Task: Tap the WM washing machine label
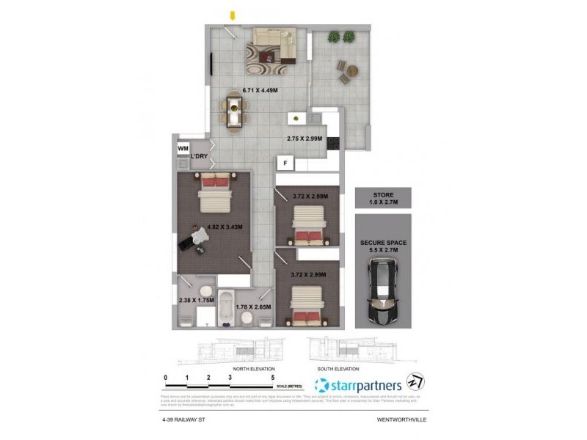coord(183,148)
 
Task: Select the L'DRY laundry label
coord(199,157)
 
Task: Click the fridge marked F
coord(283,163)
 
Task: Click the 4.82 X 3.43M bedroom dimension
coord(225,227)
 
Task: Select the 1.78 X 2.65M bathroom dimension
coord(254,307)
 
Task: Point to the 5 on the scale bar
coord(273,378)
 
